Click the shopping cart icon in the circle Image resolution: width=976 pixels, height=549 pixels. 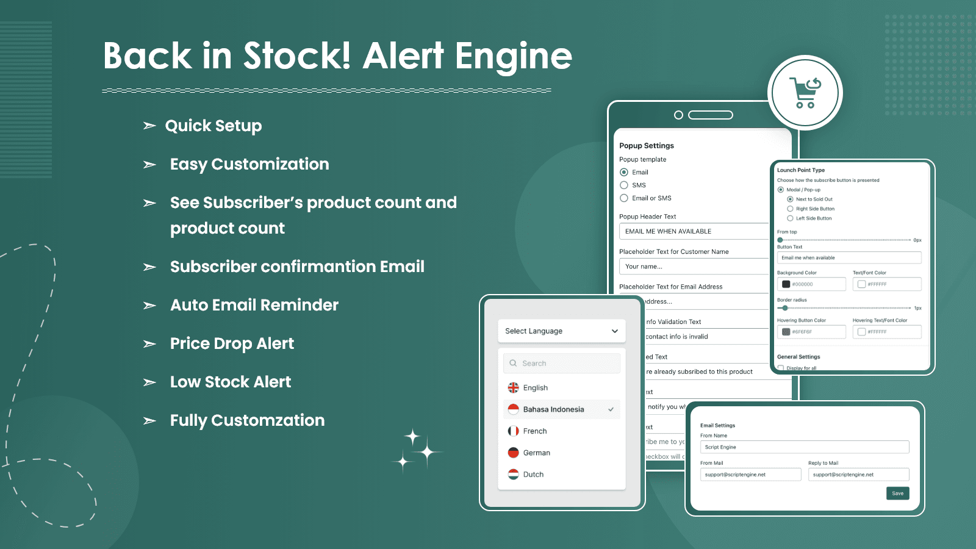click(805, 93)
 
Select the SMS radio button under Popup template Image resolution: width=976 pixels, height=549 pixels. click(624, 185)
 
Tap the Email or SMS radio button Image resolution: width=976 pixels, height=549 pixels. click(624, 198)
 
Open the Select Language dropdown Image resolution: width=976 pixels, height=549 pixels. click(561, 331)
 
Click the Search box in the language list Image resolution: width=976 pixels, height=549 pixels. click(561, 364)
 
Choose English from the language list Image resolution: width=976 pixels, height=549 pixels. click(535, 388)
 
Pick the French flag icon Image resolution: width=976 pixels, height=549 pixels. click(514, 431)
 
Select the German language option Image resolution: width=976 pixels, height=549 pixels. click(536, 453)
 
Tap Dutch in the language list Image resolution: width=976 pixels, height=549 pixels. click(533, 475)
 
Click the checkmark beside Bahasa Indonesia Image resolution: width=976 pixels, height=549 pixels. click(611, 409)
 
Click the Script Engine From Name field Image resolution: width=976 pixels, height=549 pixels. click(804, 447)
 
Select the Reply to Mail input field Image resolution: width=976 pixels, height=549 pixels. click(858, 475)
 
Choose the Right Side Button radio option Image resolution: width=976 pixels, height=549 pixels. click(791, 209)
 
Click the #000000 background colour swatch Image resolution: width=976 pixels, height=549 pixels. click(786, 284)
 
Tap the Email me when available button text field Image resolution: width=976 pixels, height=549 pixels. click(849, 258)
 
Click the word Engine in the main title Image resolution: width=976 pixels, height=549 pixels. click(513, 57)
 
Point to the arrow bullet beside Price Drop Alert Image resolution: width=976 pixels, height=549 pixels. click(149, 344)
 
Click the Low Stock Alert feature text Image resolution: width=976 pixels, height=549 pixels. click(231, 382)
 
